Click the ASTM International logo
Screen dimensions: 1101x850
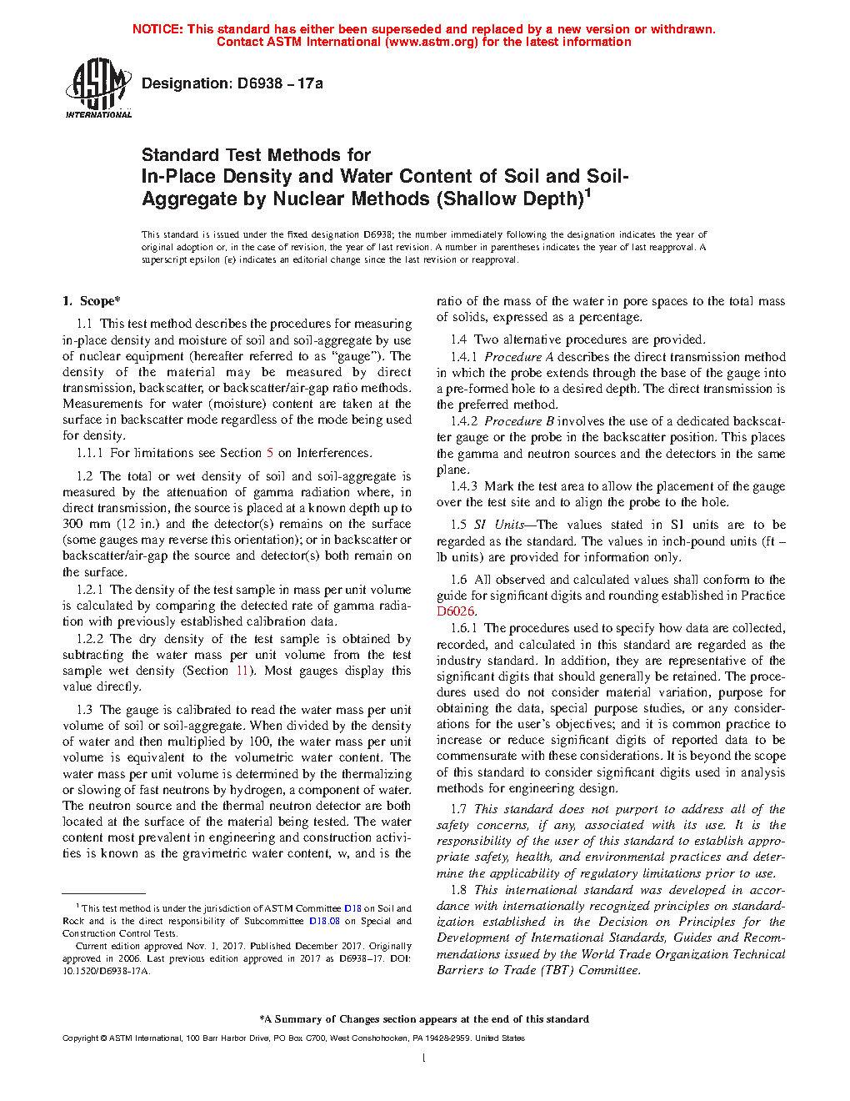click(97, 88)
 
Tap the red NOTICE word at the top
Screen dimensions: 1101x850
click(157, 29)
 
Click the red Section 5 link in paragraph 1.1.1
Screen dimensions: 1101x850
click(270, 453)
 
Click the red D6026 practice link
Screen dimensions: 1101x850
click(455, 611)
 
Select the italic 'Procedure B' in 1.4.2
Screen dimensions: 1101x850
click(518, 421)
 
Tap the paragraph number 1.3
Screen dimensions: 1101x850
click(84, 710)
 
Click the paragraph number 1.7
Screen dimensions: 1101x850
click(458, 809)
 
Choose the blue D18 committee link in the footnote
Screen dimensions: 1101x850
click(352, 908)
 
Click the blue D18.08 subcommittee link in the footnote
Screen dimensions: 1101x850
click(324, 921)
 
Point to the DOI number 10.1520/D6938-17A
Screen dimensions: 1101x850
click(106, 971)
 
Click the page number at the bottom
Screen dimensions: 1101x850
click(424, 1058)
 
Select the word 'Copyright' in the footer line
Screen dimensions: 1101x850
click(80, 1038)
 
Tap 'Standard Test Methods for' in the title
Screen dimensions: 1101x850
click(256, 155)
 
